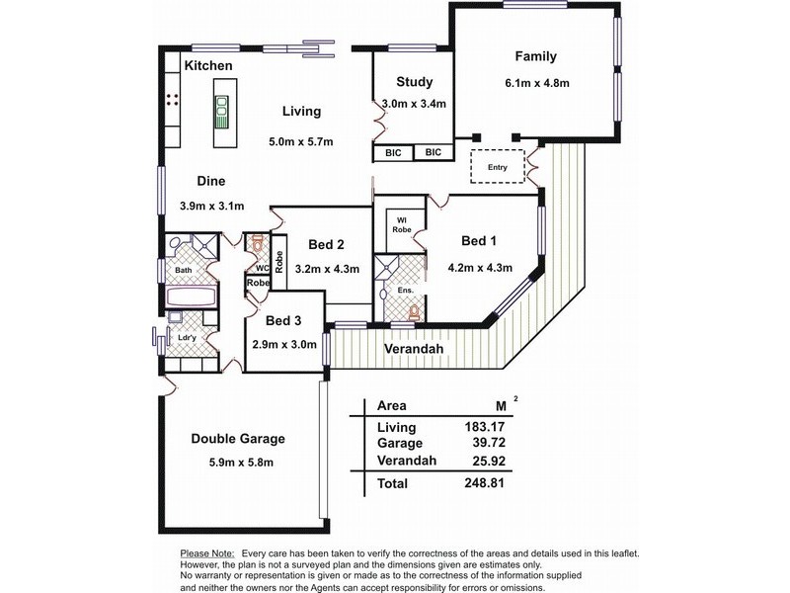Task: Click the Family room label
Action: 535,56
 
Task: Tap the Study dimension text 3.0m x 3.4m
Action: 414,104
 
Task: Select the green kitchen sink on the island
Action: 221,113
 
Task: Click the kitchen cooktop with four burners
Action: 172,100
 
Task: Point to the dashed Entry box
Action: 498,166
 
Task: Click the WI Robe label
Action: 402,225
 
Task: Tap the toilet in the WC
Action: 258,244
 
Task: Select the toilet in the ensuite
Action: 414,312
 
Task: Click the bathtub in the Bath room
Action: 192,297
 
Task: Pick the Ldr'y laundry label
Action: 188,337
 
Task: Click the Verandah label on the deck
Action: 414,349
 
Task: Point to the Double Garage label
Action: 238,439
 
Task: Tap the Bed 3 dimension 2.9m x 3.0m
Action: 284,344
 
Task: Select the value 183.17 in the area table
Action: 484,427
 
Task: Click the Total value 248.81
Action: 484,482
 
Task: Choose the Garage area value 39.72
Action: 489,443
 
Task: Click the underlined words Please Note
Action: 207,553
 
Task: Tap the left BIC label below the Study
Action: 393,153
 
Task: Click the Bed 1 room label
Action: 479,241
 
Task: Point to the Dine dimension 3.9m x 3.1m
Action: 211,206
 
